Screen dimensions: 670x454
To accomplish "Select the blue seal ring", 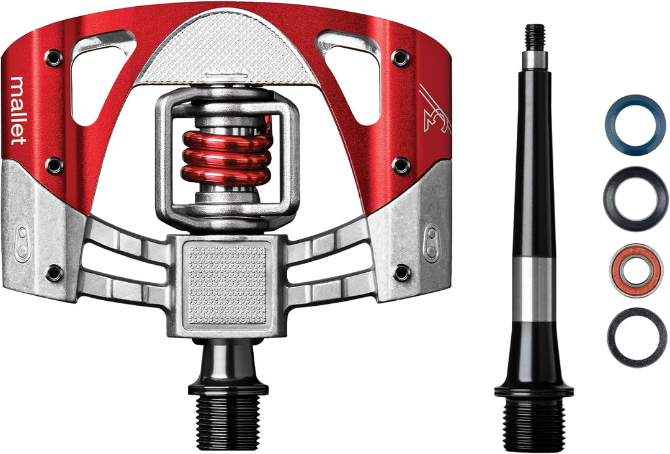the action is coord(635,125).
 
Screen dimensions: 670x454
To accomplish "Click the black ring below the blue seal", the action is coord(635,198).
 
